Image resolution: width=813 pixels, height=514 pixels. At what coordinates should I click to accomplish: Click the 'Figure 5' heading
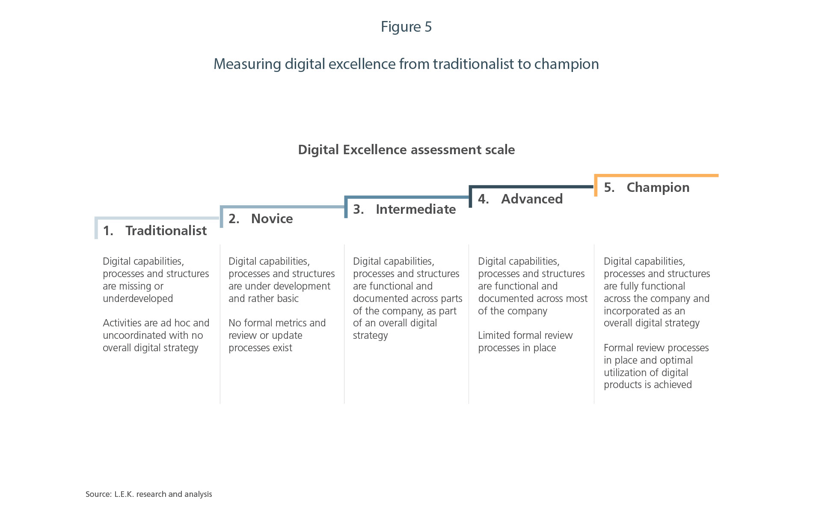pyautogui.click(x=406, y=27)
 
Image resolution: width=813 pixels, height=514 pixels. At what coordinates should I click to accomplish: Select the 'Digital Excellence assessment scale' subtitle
pyautogui.click(x=406, y=150)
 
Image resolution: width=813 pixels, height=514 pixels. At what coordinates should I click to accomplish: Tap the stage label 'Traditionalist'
pyautogui.click(x=166, y=231)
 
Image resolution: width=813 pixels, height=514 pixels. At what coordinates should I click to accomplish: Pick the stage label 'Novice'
pyautogui.click(x=272, y=219)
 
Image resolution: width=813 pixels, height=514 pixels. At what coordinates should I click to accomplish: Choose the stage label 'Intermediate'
pyautogui.click(x=415, y=209)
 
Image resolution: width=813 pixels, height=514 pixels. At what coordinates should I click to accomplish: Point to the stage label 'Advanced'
pyautogui.click(x=531, y=199)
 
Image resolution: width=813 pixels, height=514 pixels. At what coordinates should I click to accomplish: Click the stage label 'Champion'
pyautogui.click(x=658, y=188)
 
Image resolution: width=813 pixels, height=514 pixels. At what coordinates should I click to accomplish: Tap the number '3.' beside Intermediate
pyautogui.click(x=358, y=209)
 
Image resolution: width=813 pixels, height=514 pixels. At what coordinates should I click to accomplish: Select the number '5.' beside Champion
pyautogui.click(x=609, y=188)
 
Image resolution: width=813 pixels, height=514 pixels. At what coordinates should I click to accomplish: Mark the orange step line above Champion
pyautogui.click(x=657, y=176)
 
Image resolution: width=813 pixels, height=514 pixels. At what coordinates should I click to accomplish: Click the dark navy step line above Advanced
pyautogui.click(x=531, y=187)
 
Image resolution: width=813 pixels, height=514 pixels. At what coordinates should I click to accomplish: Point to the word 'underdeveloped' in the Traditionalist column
pyautogui.click(x=138, y=299)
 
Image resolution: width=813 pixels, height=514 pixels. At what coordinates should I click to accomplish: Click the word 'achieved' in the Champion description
pyautogui.click(x=673, y=385)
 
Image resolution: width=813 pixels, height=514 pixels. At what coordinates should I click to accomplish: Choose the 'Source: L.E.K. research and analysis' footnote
pyautogui.click(x=148, y=494)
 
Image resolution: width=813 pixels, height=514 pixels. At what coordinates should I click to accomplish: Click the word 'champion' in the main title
pyautogui.click(x=567, y=64)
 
